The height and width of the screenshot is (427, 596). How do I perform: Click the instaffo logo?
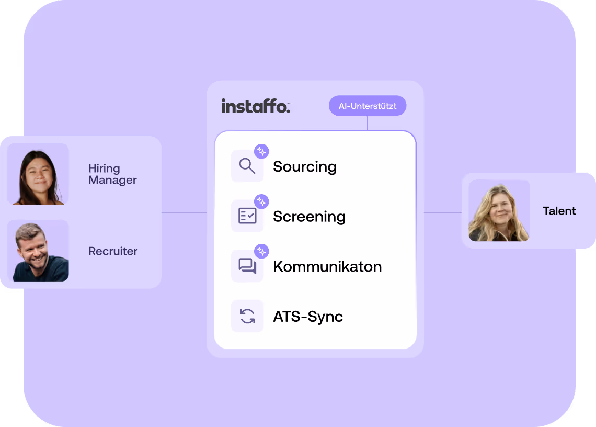255,106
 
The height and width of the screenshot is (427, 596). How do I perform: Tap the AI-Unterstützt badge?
367,106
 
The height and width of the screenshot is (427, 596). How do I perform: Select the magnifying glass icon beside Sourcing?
247,166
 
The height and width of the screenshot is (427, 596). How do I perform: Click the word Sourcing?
305,167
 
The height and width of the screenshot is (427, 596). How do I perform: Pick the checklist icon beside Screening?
247,216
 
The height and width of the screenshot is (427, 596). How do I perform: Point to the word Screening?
309,217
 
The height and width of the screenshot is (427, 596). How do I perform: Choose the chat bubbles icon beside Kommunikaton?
247,266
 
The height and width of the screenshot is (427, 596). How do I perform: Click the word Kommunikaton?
327,266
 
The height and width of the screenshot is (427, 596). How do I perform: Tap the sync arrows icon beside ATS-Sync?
247,316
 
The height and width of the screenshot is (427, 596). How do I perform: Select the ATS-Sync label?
308,317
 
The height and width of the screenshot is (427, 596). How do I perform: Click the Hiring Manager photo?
38,174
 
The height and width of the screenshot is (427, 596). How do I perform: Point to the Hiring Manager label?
112,174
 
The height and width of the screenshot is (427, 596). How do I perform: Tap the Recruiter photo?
38,251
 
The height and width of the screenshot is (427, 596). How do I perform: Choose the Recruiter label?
113,251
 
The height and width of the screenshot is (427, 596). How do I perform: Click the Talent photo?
499,211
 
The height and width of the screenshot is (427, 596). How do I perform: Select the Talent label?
559,211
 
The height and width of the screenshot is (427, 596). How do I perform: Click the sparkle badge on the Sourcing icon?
261,151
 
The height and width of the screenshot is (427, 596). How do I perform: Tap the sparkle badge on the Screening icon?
261,201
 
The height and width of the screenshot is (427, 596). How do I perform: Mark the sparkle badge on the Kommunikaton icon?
261,251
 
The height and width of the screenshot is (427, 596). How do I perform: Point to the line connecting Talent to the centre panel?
442,212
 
